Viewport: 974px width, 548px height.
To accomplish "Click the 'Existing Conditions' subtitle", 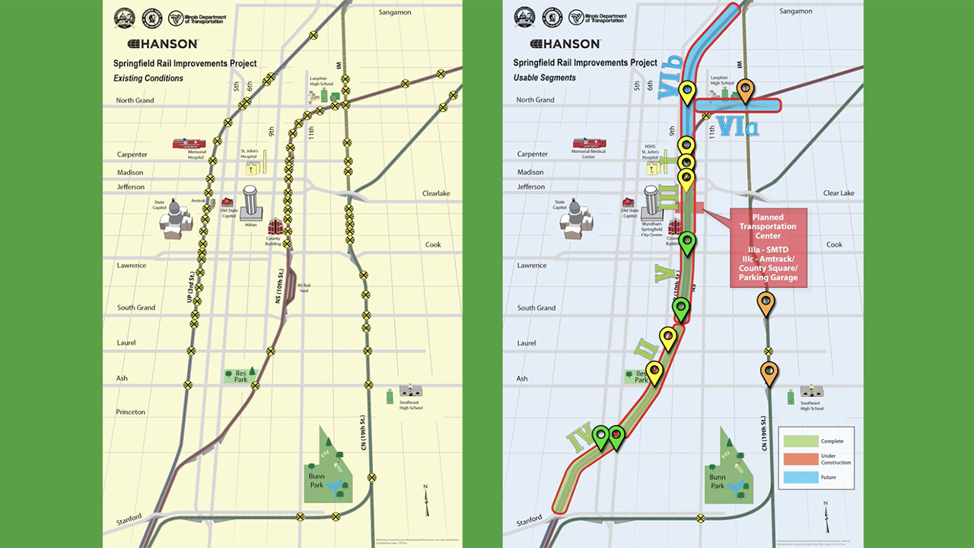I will click(x=148, y=78).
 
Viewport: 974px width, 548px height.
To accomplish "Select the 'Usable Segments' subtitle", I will click(x=544, y=78).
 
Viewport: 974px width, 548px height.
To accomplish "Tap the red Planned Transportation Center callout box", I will click(x=768, y=248).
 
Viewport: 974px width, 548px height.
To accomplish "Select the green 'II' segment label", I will click(x=646, y=350).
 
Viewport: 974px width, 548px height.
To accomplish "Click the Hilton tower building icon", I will click(x=251, y=203).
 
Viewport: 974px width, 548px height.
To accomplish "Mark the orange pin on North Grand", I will click(x=746, y=91).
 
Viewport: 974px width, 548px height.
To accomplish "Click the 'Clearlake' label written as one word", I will click(x=436, y=193).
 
